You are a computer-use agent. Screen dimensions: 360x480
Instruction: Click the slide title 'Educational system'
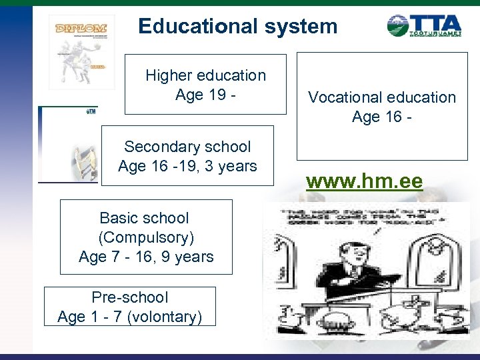[237, 27]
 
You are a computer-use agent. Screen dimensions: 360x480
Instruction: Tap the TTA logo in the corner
[424, 26]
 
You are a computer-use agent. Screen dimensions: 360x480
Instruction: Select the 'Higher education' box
[205, 84]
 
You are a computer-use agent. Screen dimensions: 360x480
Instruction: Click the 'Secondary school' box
[187, 155]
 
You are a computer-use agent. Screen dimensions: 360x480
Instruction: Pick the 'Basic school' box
[146, 237]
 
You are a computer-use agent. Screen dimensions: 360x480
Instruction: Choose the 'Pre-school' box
[130, 306]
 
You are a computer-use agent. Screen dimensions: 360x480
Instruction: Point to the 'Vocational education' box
[382, 107]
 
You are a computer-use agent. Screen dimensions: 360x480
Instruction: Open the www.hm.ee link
[364, 181]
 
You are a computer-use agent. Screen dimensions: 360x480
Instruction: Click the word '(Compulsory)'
[146, 237]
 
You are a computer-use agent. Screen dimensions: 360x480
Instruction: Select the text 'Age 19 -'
[205, 95]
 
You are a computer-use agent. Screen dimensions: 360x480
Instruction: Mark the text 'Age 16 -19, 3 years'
[187, 165]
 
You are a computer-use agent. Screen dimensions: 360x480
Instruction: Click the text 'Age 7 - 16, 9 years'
[146, 256]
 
